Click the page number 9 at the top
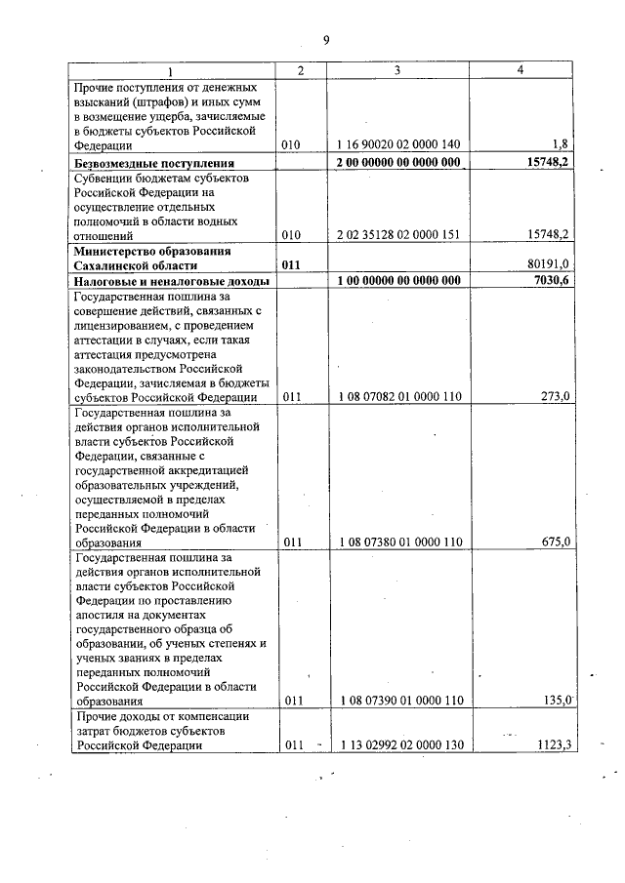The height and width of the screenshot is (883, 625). (x=326, y=39)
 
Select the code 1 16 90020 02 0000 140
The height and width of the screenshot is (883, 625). (x=399, y=144)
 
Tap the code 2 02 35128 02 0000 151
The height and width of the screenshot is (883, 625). (x=399, y=235)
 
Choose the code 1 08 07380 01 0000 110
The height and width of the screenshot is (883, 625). (x=399, y=542)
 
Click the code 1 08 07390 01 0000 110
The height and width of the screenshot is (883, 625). (x=399, y=701)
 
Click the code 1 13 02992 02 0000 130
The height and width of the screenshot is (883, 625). (x=399, y=745)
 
